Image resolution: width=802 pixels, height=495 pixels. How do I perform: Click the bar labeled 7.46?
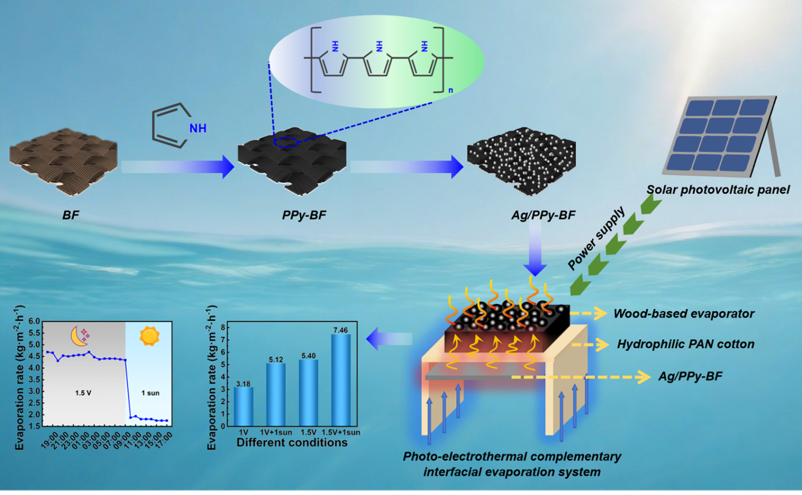coord(341,380)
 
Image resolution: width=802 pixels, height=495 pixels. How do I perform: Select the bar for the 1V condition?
coord(243,406)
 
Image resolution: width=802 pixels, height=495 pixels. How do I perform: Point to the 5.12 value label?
coord(276,359)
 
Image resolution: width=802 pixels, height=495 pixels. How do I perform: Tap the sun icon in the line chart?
coord(149,335)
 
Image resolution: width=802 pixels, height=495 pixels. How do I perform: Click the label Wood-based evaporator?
coord(683,314)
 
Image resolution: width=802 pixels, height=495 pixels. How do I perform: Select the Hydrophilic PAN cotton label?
coord(686,344)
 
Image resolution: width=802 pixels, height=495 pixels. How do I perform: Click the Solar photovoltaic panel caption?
coord(718,189)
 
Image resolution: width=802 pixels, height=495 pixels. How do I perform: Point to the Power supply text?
coord(596,238)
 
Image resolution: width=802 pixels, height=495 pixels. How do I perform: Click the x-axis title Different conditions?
coord(292,443)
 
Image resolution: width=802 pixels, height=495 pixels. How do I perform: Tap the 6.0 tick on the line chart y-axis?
coord(35,321)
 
